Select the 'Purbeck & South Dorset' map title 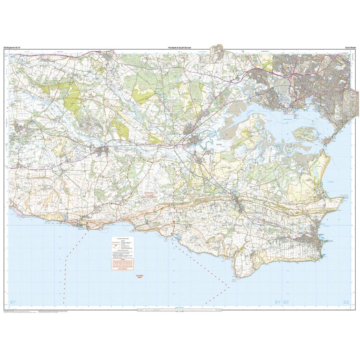[179, 48]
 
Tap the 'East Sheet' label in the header [349, 48]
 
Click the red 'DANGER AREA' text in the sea [139, 276]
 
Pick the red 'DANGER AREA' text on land [147, 194]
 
